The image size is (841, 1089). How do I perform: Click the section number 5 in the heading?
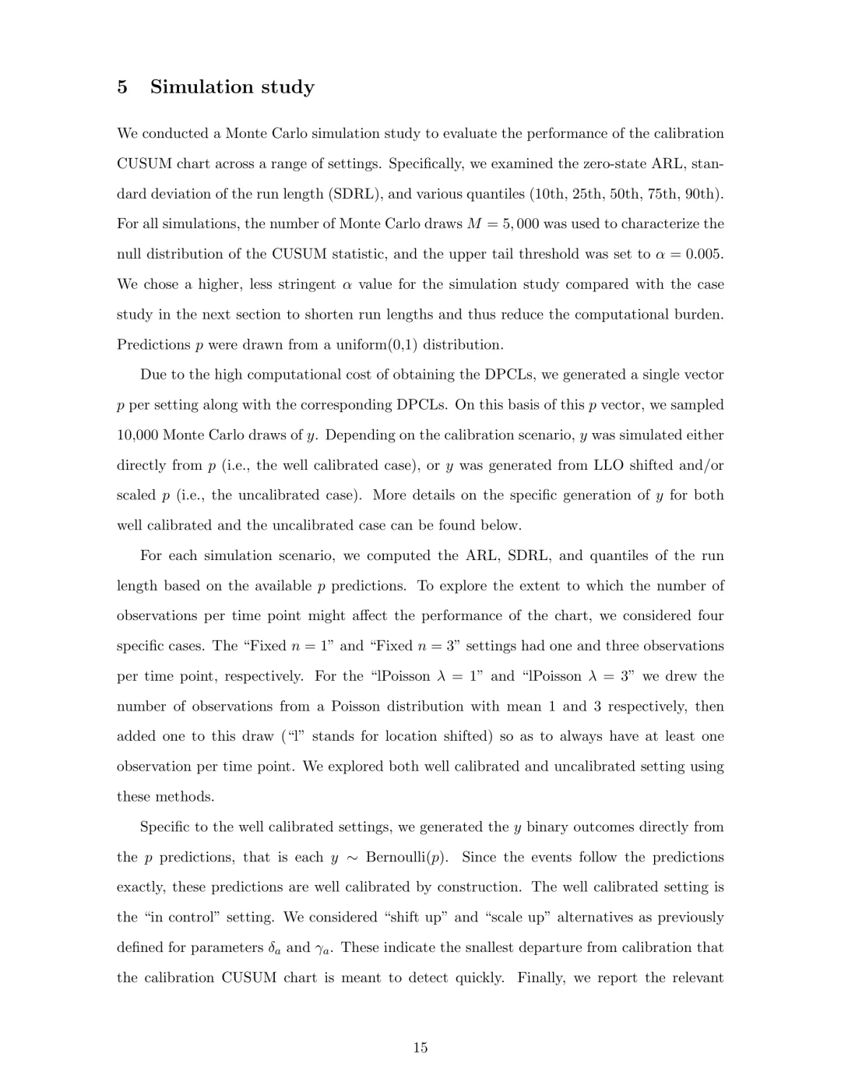tap(122, 86)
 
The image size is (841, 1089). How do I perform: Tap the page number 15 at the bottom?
tap(420, 1048)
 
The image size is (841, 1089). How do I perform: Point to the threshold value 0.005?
tap(705, 254)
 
